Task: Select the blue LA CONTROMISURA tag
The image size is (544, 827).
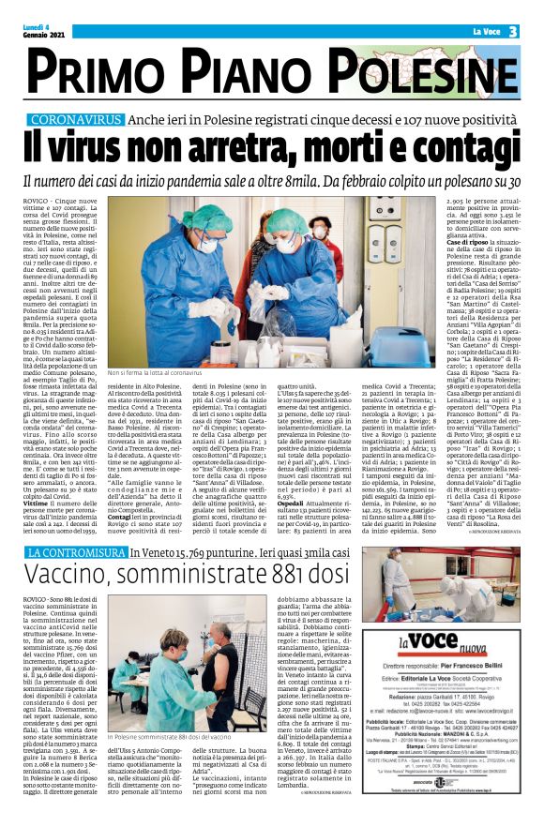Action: click(x=76, y=554)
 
